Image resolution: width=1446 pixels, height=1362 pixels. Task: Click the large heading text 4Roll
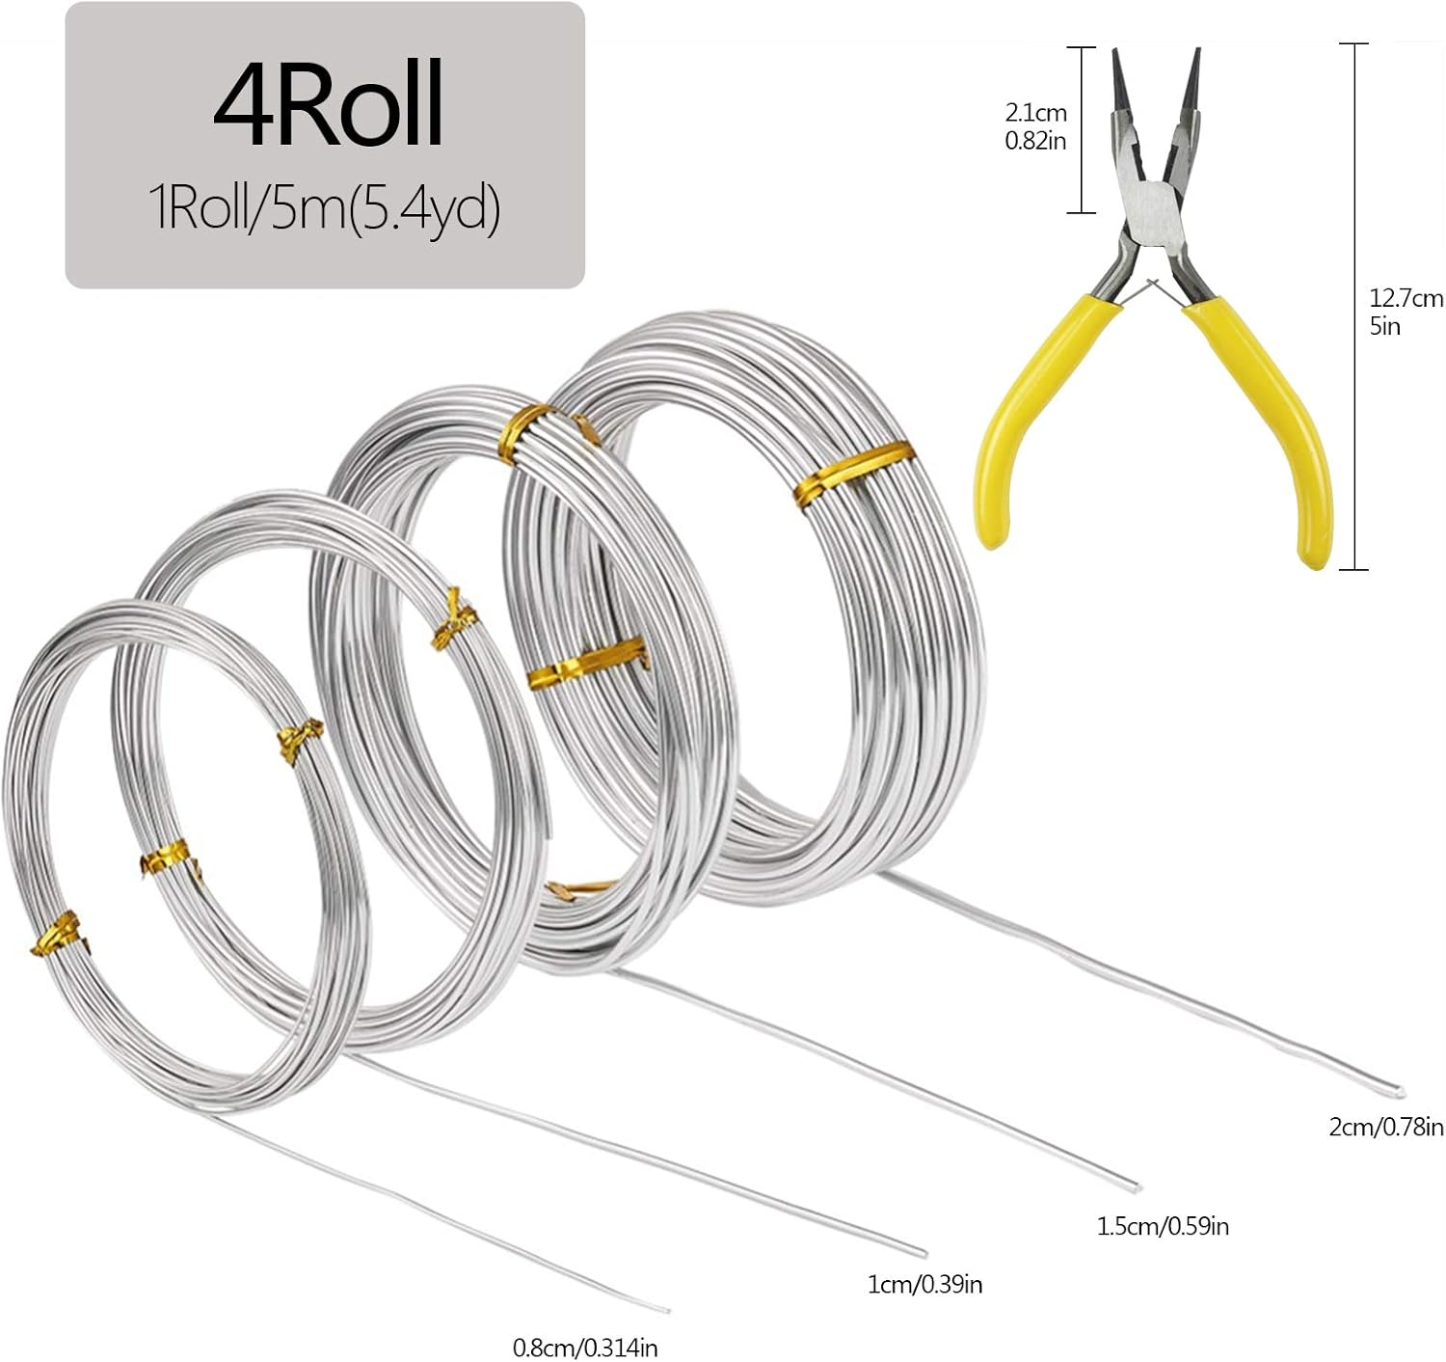[327, 104]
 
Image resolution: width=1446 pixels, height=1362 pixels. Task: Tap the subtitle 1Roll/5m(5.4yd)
[325, 208]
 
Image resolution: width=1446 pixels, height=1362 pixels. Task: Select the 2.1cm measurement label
[1036, 114]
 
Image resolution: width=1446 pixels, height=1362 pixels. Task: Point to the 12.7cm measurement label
[1406, 298]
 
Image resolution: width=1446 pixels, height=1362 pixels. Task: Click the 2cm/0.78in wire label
[1386, 1126]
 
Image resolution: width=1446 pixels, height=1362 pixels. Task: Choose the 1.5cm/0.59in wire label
[1163, 1226]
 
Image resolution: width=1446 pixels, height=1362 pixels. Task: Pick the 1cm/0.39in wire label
[924, 1284]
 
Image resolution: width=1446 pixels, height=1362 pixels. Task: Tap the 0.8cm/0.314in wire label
[585, 1348]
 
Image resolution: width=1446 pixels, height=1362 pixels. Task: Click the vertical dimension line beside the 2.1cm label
[1081, 129]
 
